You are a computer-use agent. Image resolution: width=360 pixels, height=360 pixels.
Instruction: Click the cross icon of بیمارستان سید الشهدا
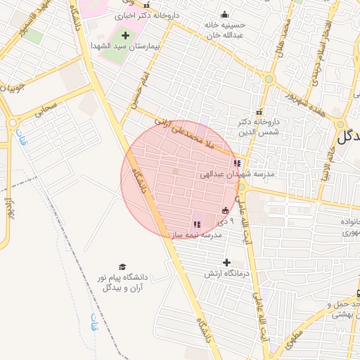click(126, 35)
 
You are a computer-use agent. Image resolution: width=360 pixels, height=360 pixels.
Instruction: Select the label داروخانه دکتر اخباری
click(150, 14)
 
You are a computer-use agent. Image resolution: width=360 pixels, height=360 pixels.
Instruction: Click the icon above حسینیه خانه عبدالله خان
click(224, 15)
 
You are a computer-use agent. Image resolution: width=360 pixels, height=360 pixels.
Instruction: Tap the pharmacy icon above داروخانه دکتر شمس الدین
click(259, 112)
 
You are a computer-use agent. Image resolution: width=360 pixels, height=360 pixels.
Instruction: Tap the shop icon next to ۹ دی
click(225, 210)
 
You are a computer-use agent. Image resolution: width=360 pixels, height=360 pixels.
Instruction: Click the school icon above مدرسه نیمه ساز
click(195, 224)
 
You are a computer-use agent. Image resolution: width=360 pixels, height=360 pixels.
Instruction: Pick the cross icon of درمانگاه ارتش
click(226, 262)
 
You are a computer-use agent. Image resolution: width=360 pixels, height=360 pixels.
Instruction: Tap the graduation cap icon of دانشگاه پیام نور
click(122, 267)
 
